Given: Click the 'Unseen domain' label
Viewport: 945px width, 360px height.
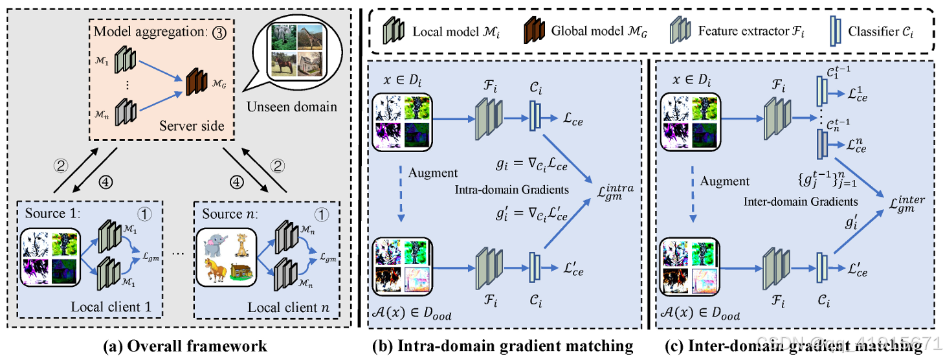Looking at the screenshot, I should pos(292,106).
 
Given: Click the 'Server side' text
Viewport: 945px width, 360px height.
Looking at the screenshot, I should pos(192,125).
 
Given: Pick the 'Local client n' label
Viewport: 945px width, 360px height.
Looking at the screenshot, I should pos(289,306).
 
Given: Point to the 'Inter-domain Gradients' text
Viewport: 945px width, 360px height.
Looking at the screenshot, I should pos(801,201).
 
